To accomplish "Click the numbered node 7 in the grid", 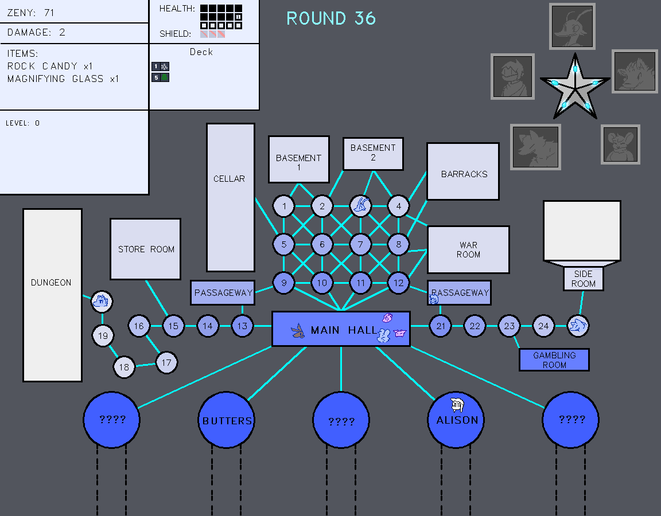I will coord(360,245).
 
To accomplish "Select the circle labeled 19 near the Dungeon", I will coord(103,336).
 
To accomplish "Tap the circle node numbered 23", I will coord(509,326).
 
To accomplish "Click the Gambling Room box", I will coord(554,360).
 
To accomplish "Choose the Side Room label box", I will coord(584,279).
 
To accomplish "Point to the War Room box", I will coord(468,250).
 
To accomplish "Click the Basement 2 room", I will coord(373,154).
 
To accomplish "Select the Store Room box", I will coord(146,249).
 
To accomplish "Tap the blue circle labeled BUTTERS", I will coord(227,420).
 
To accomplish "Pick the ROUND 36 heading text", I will coord(331,18).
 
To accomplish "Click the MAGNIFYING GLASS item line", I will coord(63,79).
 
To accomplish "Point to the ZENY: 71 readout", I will coord(32,12).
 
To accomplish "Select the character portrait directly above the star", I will coord(572,26).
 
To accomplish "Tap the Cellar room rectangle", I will coord(230,198).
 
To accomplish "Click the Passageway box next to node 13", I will coord(223,292).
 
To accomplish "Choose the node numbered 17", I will coord(166,362).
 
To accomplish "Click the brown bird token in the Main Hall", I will coord(297,331).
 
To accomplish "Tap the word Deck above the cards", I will coord(201,52).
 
